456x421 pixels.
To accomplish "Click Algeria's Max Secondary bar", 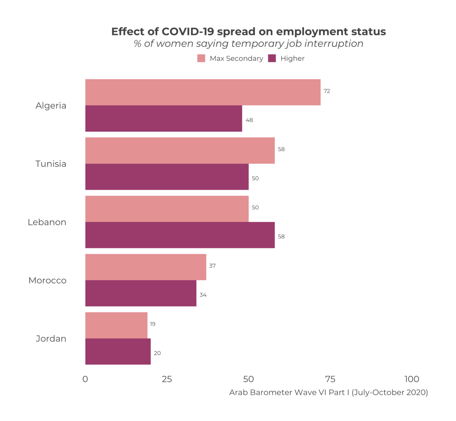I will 203,92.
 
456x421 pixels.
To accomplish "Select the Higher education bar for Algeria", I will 163,118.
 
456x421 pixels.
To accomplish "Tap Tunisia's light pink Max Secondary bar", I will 180,150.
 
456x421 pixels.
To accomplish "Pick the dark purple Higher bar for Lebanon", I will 180,235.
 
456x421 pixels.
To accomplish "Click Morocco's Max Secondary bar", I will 146,267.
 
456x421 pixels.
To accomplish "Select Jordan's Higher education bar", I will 118,351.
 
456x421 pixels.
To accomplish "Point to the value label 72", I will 327,91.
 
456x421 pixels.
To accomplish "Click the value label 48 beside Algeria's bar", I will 249,120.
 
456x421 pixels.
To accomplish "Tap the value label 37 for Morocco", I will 212,266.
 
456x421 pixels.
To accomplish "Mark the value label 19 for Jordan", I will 152,324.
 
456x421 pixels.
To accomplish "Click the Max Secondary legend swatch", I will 201,58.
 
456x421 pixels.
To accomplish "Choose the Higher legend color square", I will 272,58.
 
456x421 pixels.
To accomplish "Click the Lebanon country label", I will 47,222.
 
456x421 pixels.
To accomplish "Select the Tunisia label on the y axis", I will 51,164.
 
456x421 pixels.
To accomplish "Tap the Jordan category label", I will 51,339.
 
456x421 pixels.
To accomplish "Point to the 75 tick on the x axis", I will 330,379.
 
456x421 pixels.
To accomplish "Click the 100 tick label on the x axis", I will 412,379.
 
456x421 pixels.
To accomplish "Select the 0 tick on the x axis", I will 85,379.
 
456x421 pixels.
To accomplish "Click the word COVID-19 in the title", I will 188,32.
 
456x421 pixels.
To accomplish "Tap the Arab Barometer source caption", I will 328,392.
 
